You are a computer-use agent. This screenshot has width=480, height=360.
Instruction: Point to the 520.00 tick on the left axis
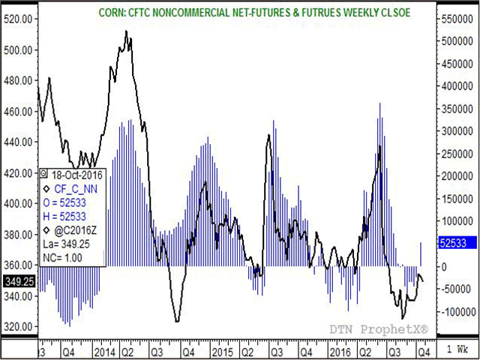tap(19, 19)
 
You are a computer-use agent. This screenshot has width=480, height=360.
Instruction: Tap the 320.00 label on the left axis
tap(19, 326)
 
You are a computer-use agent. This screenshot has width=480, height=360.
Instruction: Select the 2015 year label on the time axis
tap(222, 350)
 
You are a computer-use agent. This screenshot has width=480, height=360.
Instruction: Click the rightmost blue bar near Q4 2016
tap(421, 254)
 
